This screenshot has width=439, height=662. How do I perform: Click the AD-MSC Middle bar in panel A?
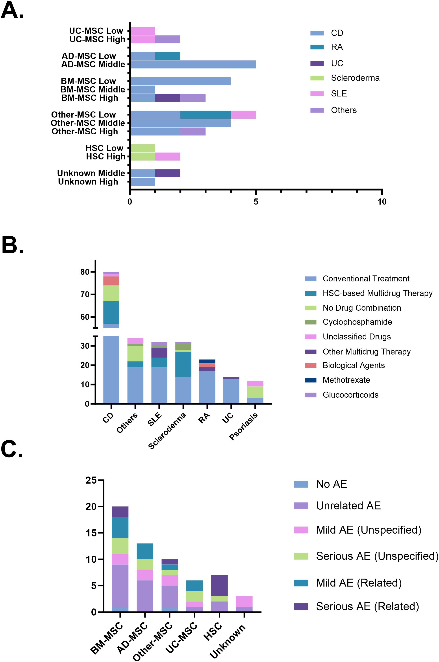(193, 64)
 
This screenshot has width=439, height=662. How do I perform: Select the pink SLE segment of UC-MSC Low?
(143, 31)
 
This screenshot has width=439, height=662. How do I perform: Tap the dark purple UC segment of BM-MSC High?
(167, 98)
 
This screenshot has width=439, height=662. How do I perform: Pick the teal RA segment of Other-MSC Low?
(205, 115)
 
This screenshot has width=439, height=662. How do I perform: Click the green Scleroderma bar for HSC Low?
(143, 148)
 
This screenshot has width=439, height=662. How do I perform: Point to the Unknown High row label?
(88, 182)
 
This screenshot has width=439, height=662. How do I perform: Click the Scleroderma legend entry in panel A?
(355, 78)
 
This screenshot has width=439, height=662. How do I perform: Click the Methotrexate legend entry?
(346, 380)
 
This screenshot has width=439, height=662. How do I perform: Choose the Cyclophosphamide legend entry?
(357, 322)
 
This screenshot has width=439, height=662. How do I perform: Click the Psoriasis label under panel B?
(244, 427)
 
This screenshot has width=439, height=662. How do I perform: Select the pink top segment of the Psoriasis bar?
(255, 383)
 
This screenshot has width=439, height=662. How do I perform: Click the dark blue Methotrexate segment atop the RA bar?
(207, 361)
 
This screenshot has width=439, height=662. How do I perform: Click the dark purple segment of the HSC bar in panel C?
(219, 586)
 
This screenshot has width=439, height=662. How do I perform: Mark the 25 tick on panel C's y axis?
(91, 480)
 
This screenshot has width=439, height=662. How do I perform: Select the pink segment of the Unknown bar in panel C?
(244, 601)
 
